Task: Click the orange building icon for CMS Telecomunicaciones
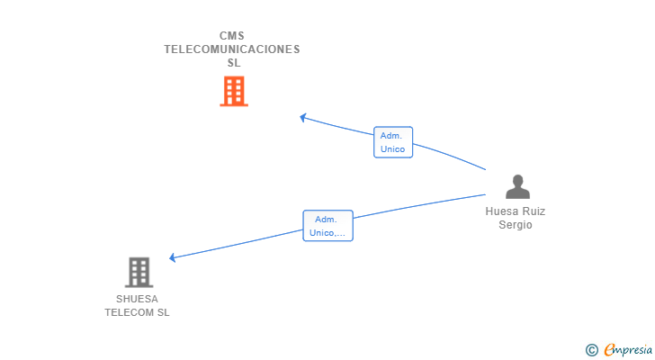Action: tap(233, 91)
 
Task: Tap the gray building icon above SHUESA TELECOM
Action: tap(139, 272)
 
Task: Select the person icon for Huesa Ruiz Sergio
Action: tap(517, 187)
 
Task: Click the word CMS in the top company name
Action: tap(232, 36)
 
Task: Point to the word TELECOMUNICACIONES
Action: tap(232, 49)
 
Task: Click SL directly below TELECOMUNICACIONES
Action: tap(233, 63)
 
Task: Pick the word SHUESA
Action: tap(137, 299)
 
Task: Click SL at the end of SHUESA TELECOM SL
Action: tap(163, 312)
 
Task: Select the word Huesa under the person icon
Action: tap(502, 211)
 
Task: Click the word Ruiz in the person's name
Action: tap(534, 211)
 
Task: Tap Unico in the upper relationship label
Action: tap(393, 149)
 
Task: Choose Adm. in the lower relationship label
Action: tap(326, 219)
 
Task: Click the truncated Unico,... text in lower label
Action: tap(327, 233)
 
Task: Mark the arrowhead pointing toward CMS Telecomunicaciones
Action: tap(304, 117)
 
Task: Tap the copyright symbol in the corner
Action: tap(591, 349)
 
